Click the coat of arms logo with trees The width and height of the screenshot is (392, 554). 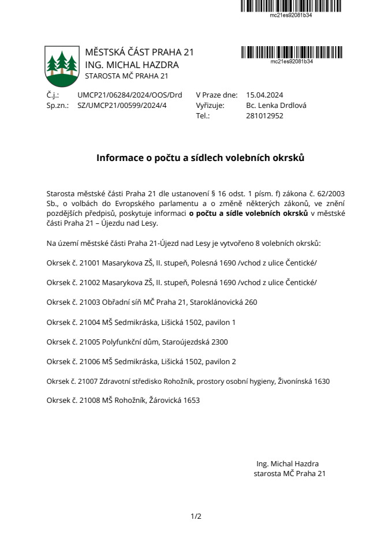(62, 65)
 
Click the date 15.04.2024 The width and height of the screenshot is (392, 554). (264, 95)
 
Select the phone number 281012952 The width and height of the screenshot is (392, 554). (264, 115)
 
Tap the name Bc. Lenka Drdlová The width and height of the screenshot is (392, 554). (276, 106)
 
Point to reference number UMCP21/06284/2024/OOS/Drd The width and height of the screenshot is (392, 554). (129, 95)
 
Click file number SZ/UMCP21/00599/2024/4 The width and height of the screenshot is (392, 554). (121, 106)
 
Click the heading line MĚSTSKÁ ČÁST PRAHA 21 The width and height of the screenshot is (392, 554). (139, 53)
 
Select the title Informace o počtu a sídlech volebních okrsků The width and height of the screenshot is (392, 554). (200, 157)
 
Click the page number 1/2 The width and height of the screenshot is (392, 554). (196, 516)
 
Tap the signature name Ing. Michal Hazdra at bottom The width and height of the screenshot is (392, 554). (288, 463)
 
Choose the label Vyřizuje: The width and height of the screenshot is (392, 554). (210, 106)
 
